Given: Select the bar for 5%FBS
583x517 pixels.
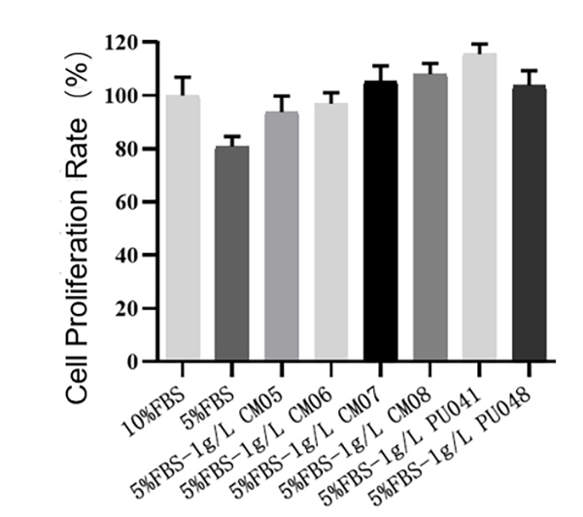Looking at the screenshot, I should click(x=231, y=254).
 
